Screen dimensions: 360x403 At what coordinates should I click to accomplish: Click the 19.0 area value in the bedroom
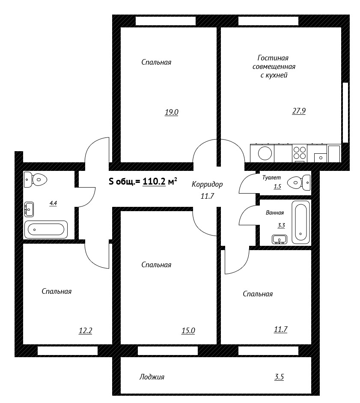pyautogui.click(x=171, y=112)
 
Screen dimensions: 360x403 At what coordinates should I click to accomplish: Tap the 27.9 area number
pyautogui.click(x=299, y=111)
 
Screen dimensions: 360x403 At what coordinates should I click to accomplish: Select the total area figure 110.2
pyautogui.click(x=154, y=182)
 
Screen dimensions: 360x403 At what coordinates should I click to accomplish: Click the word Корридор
pyautogui.click(x=207, y=184)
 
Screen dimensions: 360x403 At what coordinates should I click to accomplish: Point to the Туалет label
pyautogui.click(x=272, y=178)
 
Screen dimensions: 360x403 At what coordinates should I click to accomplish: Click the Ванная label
pyautogui.click(x=275, y=212)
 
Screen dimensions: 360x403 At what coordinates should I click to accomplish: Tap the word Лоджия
pyautogui.click(x=152, y=377)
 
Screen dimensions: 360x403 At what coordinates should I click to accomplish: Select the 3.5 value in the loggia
pyautogui.click(x=279, y=377)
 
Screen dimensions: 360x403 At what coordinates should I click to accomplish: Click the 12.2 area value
pyautogui.click(x=85, y=331)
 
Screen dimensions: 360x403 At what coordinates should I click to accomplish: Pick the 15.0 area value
pyautogui.click(x=188, y=331)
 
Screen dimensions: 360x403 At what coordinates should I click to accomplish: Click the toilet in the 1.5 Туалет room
pyautogui.click(x=299, y=182)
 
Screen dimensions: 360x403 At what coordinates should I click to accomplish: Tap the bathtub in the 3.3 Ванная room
pyautogui.click(x=300, y=222)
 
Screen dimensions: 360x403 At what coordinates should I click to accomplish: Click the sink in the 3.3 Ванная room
pyautogui.click(x=280, y=239)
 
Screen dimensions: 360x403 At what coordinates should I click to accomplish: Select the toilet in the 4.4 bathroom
pyautogui.click(x=36, y=179)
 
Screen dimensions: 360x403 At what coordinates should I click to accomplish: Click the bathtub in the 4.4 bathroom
pyautogui.click(x=46, y=229)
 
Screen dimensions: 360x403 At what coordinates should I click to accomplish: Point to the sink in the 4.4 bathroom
pyautogui.click(x=29, y=209)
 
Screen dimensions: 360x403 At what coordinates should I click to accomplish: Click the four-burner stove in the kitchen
pyautogui.click(x=300, y=153)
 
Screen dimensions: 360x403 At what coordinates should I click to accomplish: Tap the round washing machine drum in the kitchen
pyautogui.click(x=265, y=153)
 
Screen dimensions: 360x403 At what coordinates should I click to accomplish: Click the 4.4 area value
pyautogui.click(x=53, y=203)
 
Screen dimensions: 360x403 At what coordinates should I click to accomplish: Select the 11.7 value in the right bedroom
pyautogui.click(x=281, y=329)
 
